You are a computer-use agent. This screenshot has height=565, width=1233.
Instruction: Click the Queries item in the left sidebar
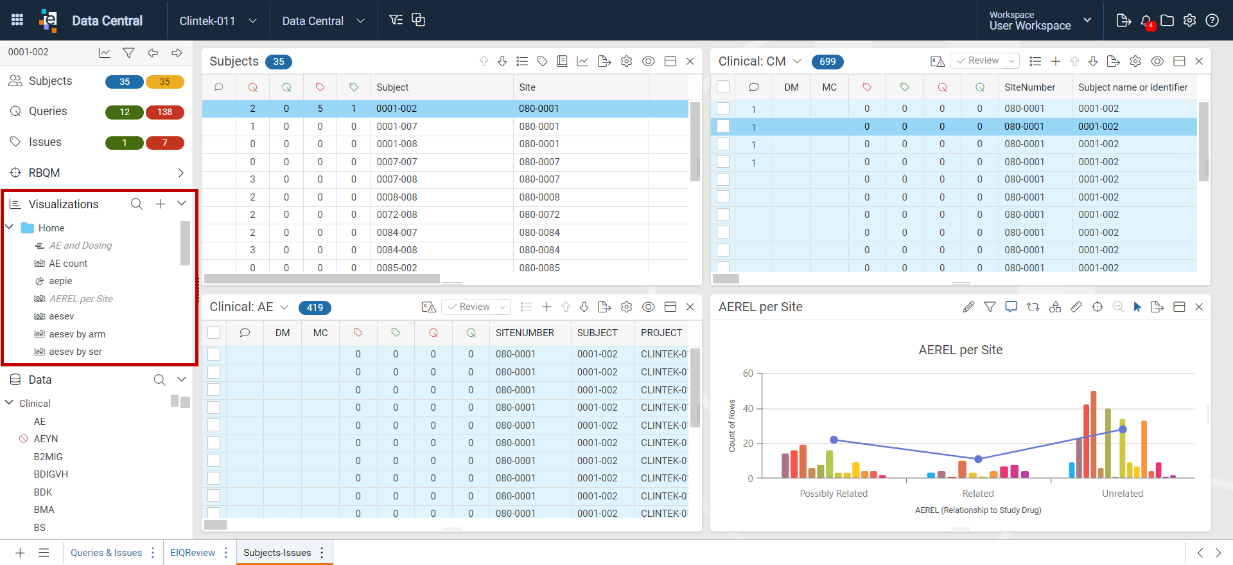(48, 111)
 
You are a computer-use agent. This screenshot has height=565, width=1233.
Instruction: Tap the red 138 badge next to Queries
(165, 112)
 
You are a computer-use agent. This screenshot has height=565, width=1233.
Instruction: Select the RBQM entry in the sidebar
(44, 173)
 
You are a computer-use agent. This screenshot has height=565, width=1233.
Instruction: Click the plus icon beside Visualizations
(161, 204)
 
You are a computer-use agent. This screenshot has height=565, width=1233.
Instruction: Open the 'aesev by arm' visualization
(77, 334)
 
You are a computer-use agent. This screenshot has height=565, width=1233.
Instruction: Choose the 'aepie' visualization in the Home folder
(60, 281)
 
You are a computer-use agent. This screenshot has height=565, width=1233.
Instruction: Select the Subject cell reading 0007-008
(397, 179)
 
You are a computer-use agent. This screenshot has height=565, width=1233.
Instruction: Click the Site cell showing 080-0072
(539, 215)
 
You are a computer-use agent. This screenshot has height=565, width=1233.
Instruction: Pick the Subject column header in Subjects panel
(392, 87)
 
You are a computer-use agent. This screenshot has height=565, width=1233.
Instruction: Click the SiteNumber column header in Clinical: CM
(1029, 87)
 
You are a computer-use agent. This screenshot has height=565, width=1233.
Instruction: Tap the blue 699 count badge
(828, 62)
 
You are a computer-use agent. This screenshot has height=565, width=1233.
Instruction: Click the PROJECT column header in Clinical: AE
(661, 333)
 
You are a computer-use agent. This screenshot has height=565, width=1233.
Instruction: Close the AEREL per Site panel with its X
(1199, 307)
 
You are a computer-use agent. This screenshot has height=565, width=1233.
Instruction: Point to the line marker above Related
(978, 459)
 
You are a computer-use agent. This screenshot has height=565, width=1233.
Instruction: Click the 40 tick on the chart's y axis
(748, 409)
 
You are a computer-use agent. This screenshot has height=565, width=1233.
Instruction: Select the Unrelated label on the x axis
(1123, 494)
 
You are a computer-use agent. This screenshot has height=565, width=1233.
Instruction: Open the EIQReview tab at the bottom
(193, 553)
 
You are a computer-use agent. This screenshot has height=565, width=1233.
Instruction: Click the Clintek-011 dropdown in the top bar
(218, 21)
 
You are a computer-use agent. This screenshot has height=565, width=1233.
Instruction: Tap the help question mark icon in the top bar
(1212, 21)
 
